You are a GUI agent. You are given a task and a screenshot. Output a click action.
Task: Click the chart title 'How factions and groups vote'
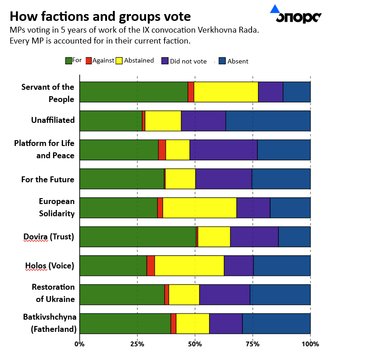pos(100,17)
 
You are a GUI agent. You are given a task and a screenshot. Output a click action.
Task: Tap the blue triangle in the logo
pos(275,9)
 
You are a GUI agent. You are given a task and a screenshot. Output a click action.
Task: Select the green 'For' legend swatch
pos(68,60)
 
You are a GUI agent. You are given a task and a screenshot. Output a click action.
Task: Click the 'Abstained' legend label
pos(139,60)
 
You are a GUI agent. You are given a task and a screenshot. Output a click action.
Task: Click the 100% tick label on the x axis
pos(310,344)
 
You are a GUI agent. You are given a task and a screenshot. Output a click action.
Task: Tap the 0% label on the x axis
pos(80,344)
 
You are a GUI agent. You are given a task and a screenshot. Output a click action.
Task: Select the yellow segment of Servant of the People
pos(226,92)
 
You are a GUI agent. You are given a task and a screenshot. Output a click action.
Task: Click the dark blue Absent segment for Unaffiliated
pos(268,121)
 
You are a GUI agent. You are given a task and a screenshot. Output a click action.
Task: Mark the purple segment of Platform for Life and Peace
pos(223,150)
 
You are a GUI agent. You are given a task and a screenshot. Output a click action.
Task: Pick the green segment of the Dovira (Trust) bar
pos(138,237)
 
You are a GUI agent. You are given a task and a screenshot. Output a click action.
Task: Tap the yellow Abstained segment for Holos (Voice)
pos(189,266)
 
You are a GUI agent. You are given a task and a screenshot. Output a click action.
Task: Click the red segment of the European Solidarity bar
pos(160,208)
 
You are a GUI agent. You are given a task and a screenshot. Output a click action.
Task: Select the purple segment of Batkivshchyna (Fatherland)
pos(226,324)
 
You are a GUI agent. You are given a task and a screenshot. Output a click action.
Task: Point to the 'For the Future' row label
pos(48,180)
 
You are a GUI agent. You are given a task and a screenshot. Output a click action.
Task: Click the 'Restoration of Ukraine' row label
pos(53,293)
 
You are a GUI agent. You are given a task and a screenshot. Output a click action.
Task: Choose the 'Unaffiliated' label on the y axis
pos(53,120)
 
